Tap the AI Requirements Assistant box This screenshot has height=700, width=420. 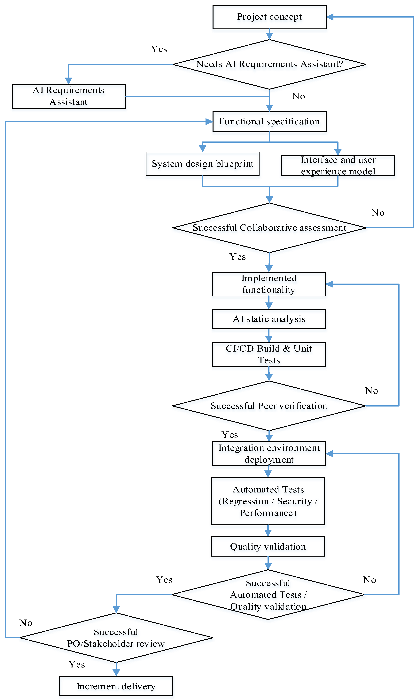(68, 96)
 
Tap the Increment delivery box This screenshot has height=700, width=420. (116, 686)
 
